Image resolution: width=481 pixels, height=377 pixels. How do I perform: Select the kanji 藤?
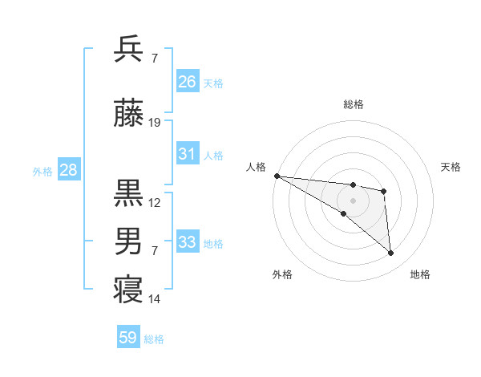coord(129,114)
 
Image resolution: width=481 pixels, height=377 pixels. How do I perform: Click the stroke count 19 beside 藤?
coord(155,123)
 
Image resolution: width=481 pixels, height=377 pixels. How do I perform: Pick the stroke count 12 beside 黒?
coord(155,202)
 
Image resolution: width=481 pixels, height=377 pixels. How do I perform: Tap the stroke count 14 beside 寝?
coord(155,299)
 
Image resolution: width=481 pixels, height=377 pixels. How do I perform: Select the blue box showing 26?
coord(188,82)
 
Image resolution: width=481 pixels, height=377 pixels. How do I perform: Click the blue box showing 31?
coord(188,154)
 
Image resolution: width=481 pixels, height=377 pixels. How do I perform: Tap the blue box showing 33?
coord(188,242)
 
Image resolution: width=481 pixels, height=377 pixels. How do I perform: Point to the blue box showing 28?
coord(68,170)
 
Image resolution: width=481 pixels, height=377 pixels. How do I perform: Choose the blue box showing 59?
coord(128,338)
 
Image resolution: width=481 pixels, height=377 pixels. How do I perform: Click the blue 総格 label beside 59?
coord(154,339)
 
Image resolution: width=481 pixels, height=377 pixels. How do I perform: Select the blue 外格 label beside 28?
coord(42,172)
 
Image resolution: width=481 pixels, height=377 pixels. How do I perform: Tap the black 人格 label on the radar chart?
coord(256,167)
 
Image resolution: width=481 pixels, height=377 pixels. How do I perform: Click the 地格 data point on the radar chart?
coord(391,253)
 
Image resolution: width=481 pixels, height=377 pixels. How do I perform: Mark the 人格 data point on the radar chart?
coord(277,176)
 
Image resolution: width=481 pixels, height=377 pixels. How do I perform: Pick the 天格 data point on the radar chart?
coord(384,191)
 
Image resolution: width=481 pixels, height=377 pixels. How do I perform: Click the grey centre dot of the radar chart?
coord(353,201)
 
